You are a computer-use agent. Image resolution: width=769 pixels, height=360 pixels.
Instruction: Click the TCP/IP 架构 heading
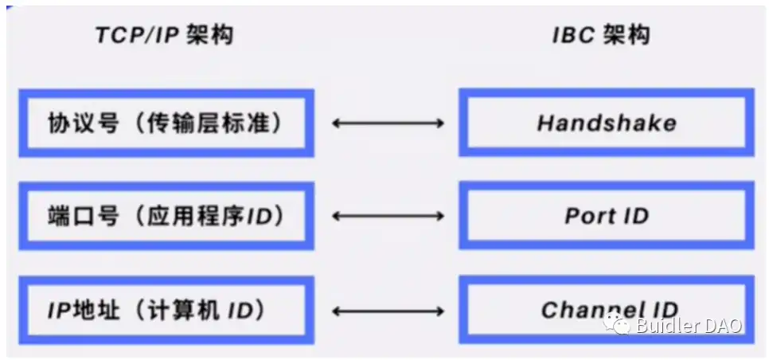point(164,35)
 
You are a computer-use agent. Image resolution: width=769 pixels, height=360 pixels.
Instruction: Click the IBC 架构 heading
point(602,35)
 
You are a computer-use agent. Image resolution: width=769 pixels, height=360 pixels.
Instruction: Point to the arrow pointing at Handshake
point(388,123)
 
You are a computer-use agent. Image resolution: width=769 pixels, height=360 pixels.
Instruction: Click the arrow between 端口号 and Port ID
point(388,216)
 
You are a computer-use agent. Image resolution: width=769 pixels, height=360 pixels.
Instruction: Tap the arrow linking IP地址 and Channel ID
point(388,311)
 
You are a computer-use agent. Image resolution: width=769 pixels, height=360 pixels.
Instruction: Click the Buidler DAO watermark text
point(689,325)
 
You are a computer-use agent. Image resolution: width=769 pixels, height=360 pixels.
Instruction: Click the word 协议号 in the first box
point(84,123)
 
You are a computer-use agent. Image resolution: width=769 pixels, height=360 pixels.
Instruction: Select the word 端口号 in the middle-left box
point(84,216)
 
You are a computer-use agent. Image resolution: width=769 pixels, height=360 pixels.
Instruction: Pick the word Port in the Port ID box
point(588,216)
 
